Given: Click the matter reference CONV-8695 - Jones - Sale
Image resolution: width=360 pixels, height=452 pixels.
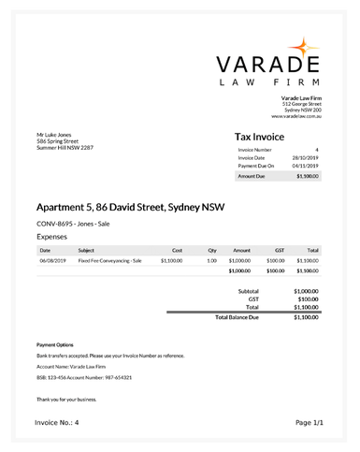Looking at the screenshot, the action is click(73, 225).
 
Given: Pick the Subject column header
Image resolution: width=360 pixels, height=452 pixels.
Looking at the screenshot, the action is click(86, 250).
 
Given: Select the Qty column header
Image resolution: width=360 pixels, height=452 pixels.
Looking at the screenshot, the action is click(212, 250).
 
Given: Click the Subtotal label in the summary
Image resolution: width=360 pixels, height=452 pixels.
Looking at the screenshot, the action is click(249, 291).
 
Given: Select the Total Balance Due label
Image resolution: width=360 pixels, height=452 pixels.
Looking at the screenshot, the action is click(237, 317).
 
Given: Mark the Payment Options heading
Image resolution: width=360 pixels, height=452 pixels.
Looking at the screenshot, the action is click(55, 345).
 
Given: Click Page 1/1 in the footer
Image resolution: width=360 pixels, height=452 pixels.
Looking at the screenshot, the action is click(309, 423).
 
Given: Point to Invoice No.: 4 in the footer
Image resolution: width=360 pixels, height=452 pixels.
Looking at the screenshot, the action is click(57, 423).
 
